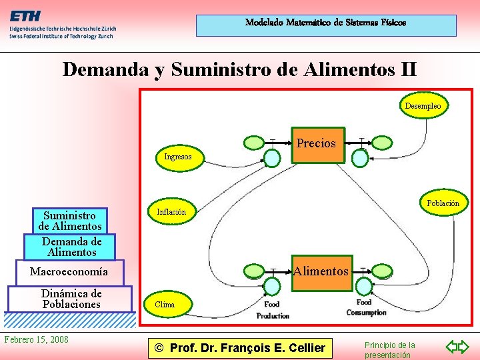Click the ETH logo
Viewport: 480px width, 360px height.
coord(24,16)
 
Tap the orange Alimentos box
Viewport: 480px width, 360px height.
coord(321,272)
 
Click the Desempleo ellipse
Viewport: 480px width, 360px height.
coord(423,105)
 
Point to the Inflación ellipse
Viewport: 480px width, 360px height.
coord(171,211)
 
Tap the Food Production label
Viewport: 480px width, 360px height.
coord(272,311)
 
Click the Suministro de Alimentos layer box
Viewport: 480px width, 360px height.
coord(73,221)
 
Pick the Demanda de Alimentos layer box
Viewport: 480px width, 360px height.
coord(71,247)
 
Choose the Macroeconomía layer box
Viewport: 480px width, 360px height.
coord(69,272)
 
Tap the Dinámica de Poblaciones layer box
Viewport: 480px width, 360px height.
coord(71,299)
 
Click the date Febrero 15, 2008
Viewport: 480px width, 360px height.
coord(36,339)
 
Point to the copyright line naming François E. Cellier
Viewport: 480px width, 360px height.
coord(239,347)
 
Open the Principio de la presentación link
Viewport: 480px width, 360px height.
coord(389,349)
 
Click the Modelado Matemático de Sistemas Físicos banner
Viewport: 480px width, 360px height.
coord(325,23)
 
